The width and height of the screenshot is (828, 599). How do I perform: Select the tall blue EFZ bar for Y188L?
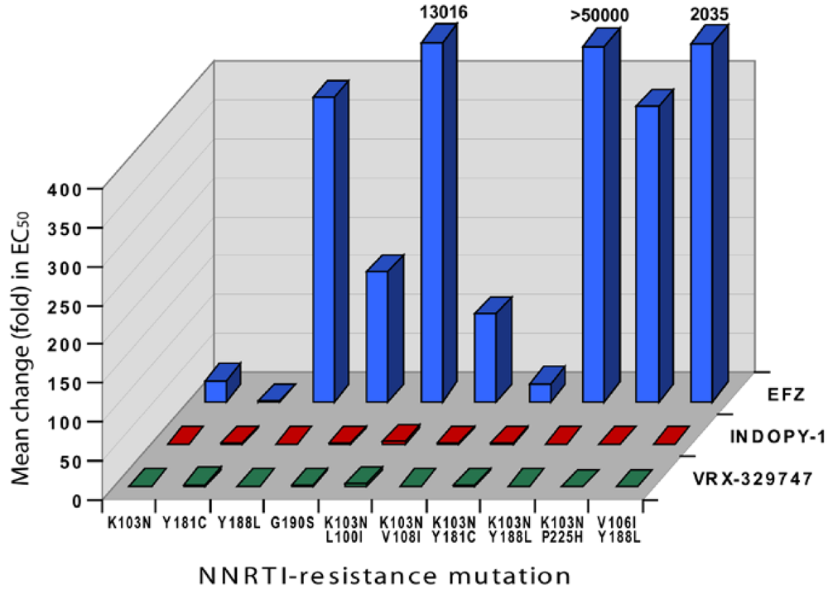[324, 248]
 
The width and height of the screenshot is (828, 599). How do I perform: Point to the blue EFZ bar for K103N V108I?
[485, 356]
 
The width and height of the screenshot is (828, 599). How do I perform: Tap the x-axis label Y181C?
[183, 525]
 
